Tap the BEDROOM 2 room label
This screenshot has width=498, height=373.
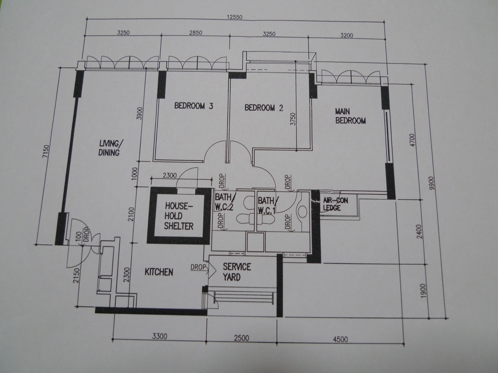click(264, 108)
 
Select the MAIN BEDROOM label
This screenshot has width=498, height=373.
click(350, 116)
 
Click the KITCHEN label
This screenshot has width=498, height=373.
click(159, 272)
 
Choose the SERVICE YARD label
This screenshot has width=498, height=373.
click(237, 272)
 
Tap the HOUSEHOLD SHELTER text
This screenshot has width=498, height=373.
click(179, 216)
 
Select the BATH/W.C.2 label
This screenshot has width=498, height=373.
click(224, 202)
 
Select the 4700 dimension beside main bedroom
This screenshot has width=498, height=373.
click(411, 142)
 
